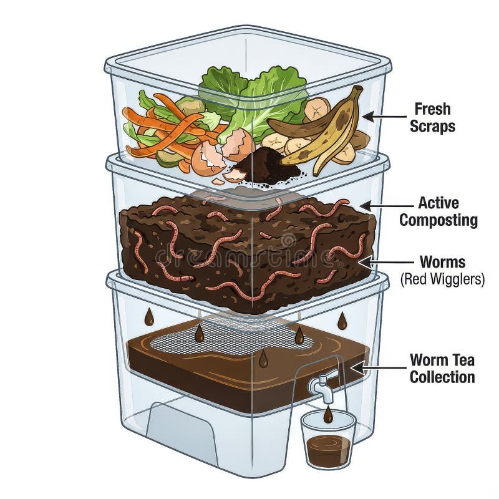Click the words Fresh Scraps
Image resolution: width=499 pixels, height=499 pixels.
(432, 117)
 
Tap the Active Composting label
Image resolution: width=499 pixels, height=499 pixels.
(438, 211)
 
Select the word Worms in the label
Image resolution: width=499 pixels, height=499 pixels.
(442, 262)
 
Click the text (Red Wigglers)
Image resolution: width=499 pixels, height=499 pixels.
(442, 279)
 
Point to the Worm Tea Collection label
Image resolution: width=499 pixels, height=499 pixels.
(442, 368)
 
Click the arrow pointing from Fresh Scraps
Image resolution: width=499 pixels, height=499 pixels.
(384, 117)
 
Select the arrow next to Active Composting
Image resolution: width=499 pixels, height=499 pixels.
(386, 206)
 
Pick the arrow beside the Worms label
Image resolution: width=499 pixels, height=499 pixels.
(386, 263)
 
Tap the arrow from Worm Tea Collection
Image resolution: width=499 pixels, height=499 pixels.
(379, 368)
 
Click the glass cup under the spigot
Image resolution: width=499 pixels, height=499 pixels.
(329, 440)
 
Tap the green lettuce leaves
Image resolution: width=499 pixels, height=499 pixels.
(251, 95)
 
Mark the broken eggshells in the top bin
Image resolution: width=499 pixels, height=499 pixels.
(223, 153)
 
